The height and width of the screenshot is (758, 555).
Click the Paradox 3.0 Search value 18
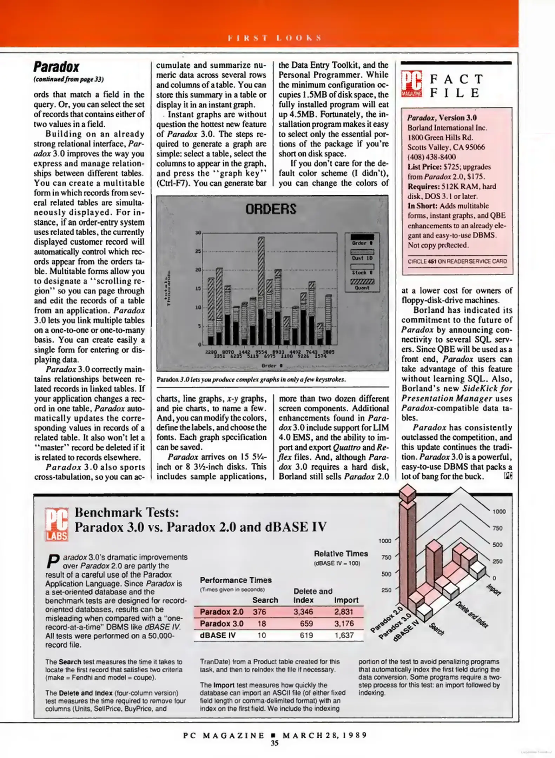(262, 624)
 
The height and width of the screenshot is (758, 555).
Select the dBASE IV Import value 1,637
(344, 635)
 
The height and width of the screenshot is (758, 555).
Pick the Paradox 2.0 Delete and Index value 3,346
(303, 612)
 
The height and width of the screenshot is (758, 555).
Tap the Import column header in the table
(346, 600)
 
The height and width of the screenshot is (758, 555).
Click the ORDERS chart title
(271, 209)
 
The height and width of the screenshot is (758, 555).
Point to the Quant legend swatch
(362, 281)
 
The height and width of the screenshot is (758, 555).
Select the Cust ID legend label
(362, 258)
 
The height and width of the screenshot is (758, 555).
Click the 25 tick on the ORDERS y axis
(198, 251)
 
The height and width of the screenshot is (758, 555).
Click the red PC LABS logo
(57, 524)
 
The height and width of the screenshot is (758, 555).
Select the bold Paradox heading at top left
(56, 67)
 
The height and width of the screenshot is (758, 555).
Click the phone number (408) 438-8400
(431, 157)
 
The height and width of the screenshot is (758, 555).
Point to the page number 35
(275, 743)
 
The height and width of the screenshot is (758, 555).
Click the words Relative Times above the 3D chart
(341, 553)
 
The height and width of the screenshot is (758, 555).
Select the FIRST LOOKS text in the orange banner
(275, 38)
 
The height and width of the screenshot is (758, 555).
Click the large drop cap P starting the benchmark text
(52, 561)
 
